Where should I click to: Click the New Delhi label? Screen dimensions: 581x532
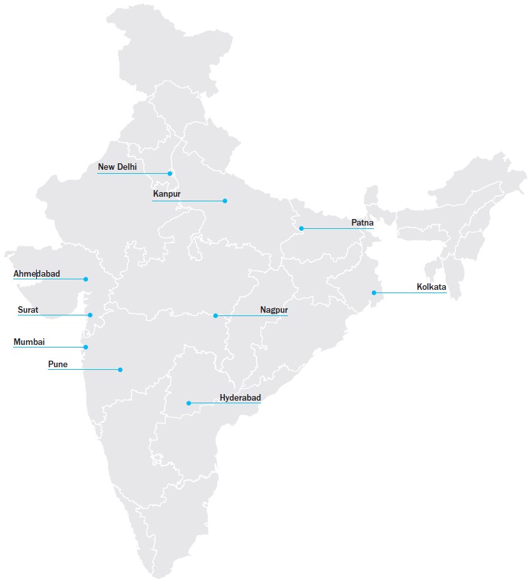pos(117,167)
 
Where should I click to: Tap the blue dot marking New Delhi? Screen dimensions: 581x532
pos(170,174)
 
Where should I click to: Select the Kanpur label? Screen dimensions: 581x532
pos(167,194)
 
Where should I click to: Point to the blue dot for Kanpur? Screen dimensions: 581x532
pos(224,201)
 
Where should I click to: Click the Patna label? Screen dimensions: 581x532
pos(362,223)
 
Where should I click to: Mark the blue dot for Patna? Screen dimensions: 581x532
pos(301,228)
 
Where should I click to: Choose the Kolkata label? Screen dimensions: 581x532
pos(431,287)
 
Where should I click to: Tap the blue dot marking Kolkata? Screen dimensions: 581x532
pos(374,292)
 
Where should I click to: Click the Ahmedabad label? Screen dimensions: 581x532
pos(37,273)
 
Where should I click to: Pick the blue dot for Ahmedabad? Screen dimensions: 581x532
pos(85,279)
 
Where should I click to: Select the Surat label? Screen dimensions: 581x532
pos(28,310)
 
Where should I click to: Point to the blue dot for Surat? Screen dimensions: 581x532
pos(91,315)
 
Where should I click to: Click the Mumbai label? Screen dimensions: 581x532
pos(30,342)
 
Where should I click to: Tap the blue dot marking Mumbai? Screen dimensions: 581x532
pos(85,347)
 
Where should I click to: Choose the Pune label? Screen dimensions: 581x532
pos(58,364)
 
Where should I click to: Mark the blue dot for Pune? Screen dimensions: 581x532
pos(120,370)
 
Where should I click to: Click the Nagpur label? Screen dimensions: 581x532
pos(274,310)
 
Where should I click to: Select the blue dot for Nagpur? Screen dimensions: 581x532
pos(215,316)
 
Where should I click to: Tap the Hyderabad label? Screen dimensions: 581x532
pos(240,398)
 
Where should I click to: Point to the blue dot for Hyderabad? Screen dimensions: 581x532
pos(189,403)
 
